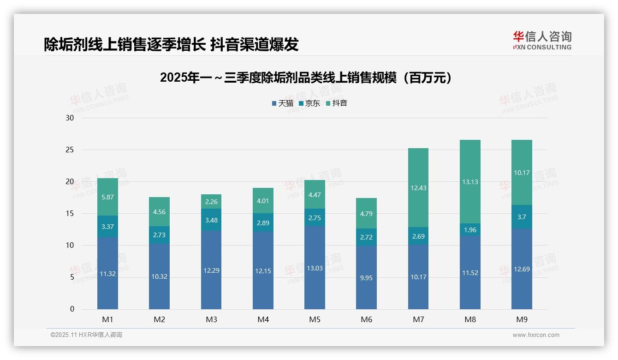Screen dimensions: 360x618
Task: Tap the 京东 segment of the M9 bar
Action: (x=522, y=216)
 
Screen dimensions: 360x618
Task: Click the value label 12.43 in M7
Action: (x=418, y=187)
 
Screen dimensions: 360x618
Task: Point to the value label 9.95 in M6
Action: (x=367, y=277)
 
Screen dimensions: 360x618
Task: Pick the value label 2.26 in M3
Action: (x=211, y=201)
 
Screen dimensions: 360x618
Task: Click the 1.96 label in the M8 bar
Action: (x=470, y=230)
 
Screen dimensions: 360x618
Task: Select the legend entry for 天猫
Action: (x=282, y=103)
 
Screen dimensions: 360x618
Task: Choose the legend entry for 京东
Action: (x=309, y=103)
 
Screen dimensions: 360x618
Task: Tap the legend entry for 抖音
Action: (x=337, y=103)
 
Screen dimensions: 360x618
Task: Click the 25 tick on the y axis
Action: (x=70, y=150)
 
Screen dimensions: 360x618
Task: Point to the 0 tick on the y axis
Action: (x=72, y=309)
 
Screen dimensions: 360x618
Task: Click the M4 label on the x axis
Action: (x=263, y=319)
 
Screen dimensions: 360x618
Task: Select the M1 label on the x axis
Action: (x=107, y=319)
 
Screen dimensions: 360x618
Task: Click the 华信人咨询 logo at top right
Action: (x=542, y=40)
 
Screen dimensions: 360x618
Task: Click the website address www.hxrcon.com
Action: (x=536, y=335)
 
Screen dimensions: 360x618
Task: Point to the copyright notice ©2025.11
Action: (x=86, y=335)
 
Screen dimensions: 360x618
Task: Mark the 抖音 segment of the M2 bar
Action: (x=159, y=211)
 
